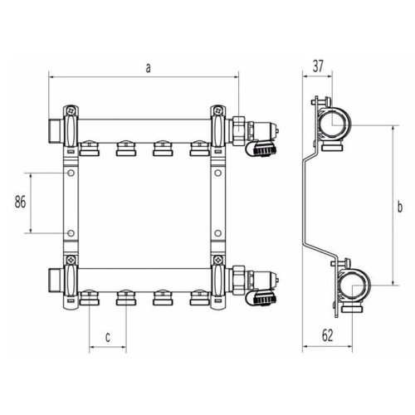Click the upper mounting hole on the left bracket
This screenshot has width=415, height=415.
coord(71,174)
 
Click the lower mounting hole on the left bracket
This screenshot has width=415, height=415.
coord(71,233)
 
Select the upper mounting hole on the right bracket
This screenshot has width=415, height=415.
coord(218,174)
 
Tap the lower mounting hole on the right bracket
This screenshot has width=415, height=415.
coord(218,233)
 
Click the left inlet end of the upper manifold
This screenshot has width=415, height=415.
coord(55,129)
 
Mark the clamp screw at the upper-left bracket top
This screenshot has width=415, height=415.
coord(72,110)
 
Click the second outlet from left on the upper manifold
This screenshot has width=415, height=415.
coord(126,149)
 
